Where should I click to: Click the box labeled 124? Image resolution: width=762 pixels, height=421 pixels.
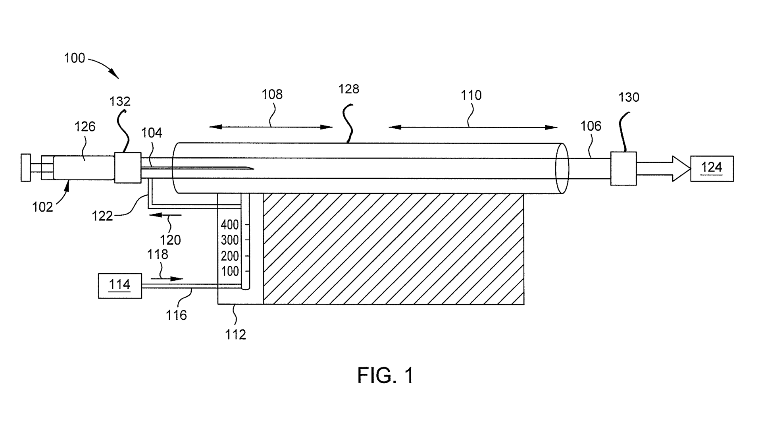(712, 168)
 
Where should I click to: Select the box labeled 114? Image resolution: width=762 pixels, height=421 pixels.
(120, 285)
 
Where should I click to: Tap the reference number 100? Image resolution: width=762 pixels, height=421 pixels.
(75, 58)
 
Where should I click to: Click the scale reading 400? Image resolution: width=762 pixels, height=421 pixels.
(230, 225)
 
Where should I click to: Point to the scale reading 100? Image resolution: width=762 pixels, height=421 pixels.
(230, 272)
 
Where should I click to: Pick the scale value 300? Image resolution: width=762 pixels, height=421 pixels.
(230, 240)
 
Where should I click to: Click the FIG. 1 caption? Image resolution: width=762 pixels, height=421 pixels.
(385, 375)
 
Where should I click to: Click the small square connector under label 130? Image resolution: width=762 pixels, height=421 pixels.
(623, 168)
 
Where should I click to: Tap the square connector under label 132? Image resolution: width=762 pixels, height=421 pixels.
(127, 168)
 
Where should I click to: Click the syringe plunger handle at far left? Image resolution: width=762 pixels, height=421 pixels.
(26, 168)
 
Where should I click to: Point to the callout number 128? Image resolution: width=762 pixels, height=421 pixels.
(348, 89)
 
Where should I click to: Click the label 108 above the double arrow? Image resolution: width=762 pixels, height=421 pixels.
(272, 95)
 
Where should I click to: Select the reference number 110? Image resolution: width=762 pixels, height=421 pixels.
(471, 95)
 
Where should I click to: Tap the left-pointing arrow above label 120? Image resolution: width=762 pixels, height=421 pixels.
(165, 215)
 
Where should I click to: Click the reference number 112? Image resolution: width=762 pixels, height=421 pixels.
(236, 335)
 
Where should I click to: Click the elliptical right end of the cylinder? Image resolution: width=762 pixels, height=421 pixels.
(562, 168)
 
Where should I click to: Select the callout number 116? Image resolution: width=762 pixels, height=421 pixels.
(176, 315)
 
